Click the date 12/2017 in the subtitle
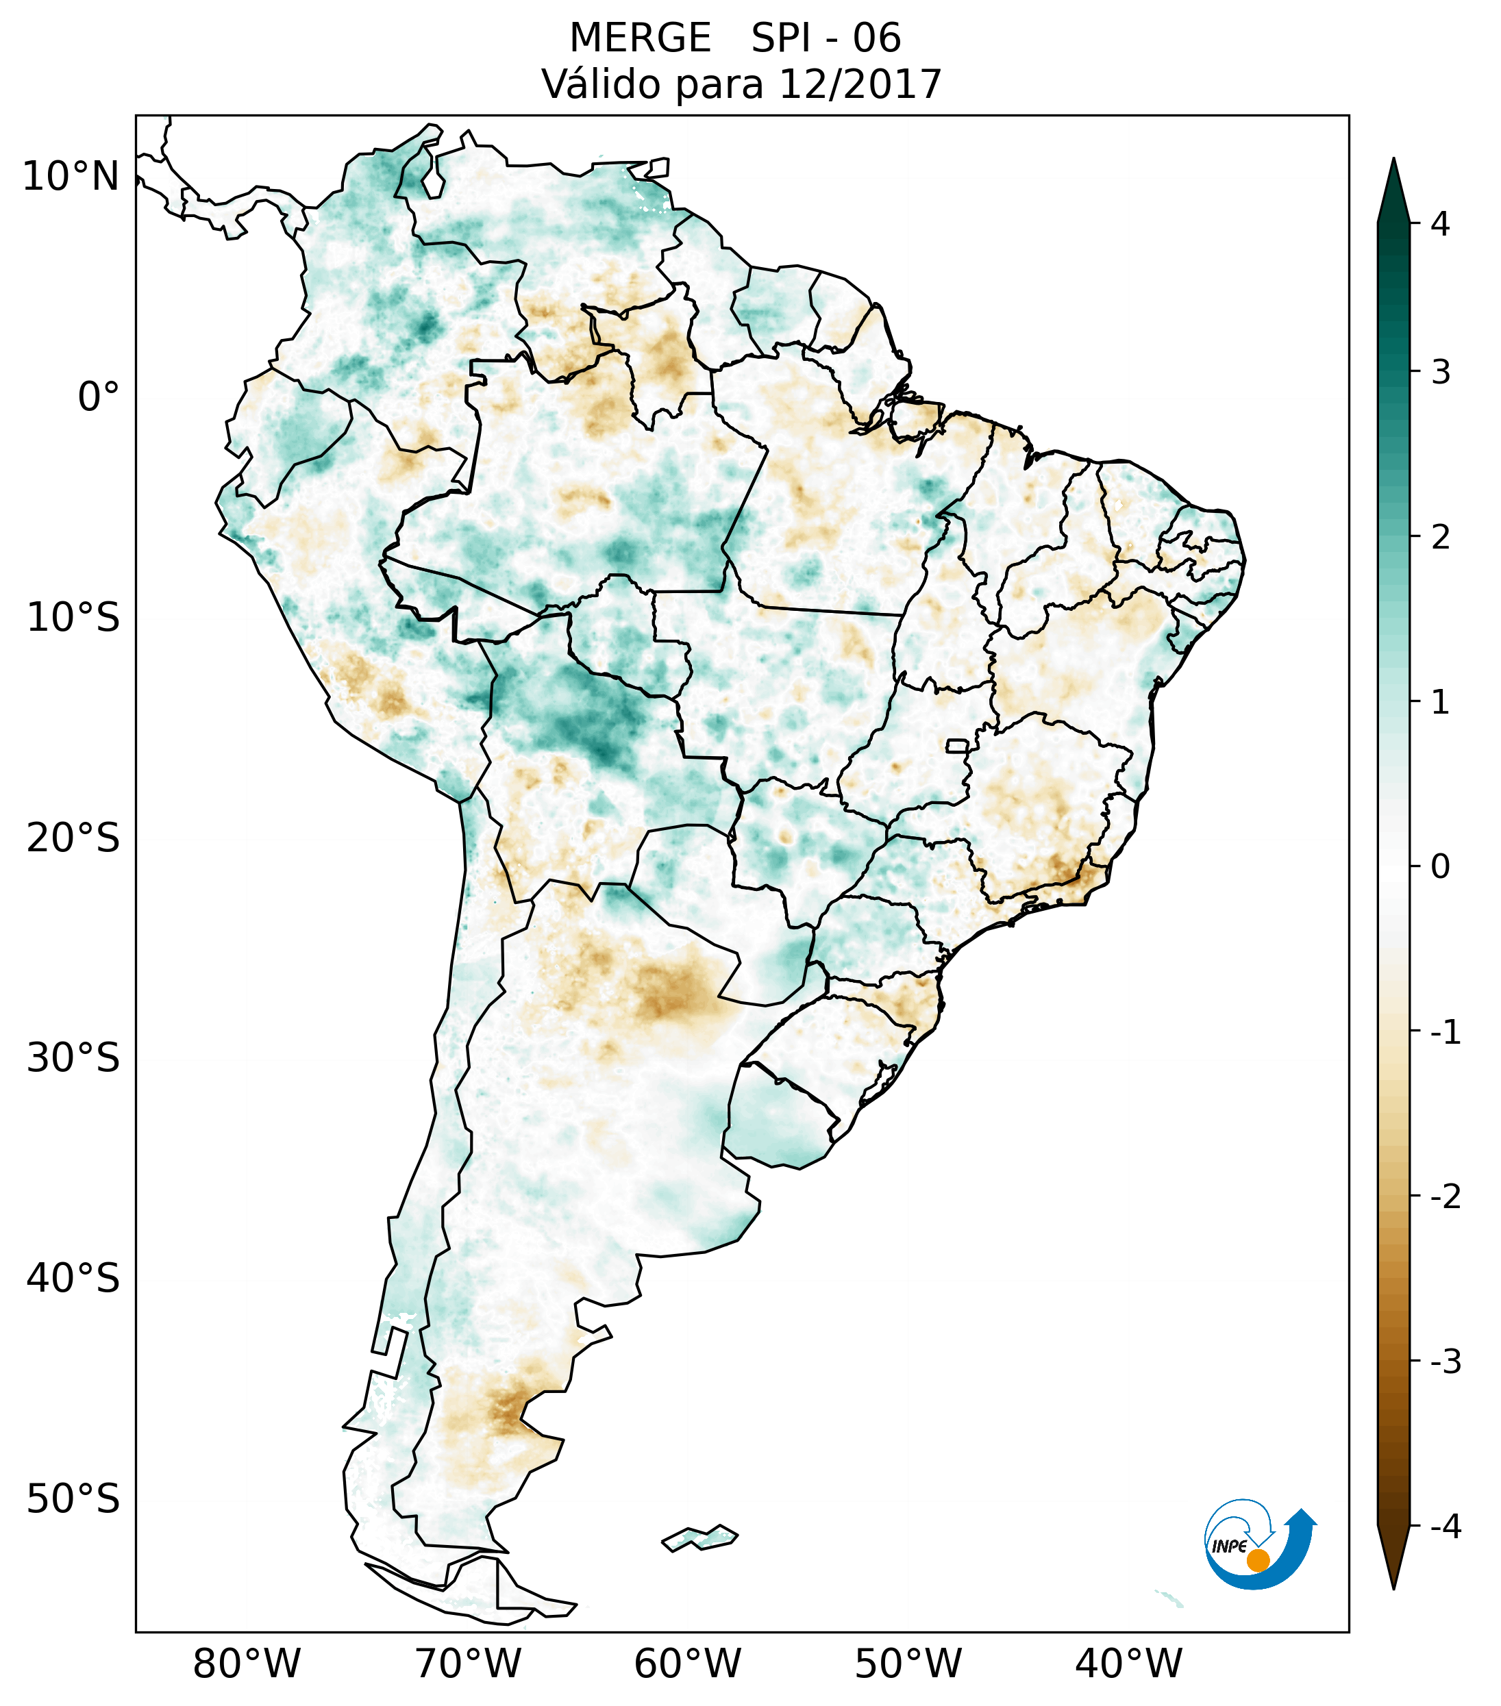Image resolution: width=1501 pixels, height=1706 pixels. point(860,84)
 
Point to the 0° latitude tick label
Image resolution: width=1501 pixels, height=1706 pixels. point(99,397)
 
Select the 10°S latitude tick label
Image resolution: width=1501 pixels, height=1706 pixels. point(73,618)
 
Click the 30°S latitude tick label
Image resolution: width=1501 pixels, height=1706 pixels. point(73,1058)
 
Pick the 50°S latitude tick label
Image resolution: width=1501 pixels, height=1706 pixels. point(73,1500)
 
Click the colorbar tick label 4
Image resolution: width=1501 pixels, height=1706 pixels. point(1440,224)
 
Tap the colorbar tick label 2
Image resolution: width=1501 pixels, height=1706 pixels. point(1440,538)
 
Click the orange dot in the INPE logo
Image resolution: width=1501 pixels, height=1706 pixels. point(1258,1560)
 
